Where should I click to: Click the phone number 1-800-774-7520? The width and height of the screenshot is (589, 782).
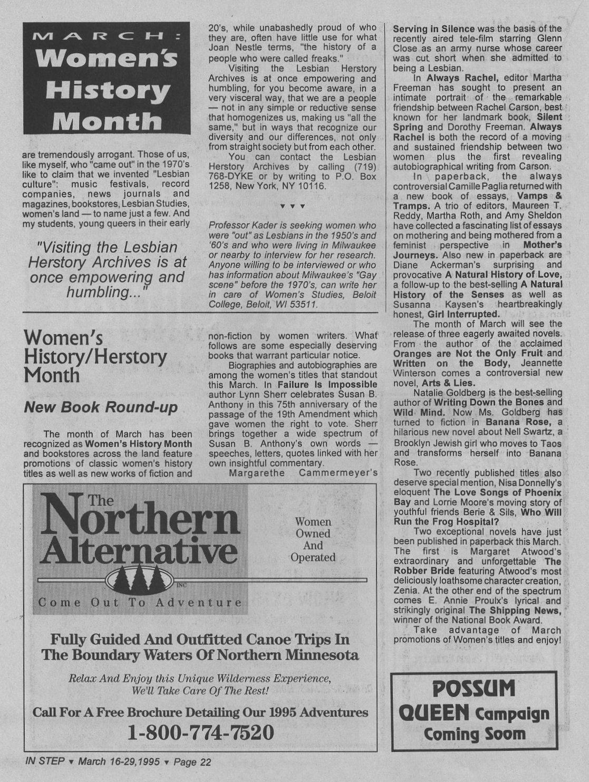point(201,732)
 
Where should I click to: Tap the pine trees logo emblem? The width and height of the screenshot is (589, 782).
point(140,581)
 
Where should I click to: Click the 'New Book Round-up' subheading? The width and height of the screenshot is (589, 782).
point(101,407)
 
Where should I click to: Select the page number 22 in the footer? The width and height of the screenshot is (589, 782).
point(205,762)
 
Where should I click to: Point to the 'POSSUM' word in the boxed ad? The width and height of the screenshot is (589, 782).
point(474,689)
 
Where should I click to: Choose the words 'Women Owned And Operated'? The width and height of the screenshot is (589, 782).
point(313,539)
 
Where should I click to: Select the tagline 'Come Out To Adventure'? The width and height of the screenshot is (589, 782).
point(140,603)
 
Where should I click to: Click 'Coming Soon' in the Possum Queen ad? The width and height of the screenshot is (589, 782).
point(475,734)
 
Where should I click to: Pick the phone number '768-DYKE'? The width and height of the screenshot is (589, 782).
point(227,177)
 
